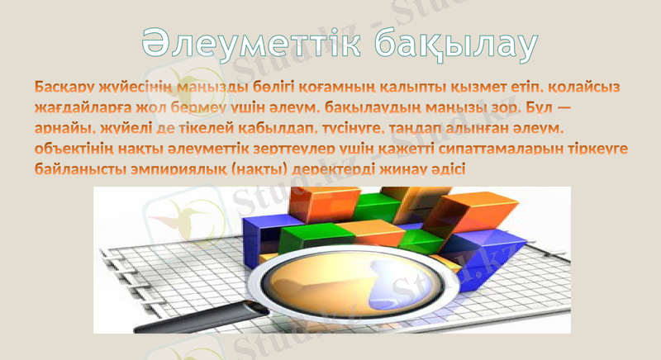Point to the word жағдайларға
point(83,107)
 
